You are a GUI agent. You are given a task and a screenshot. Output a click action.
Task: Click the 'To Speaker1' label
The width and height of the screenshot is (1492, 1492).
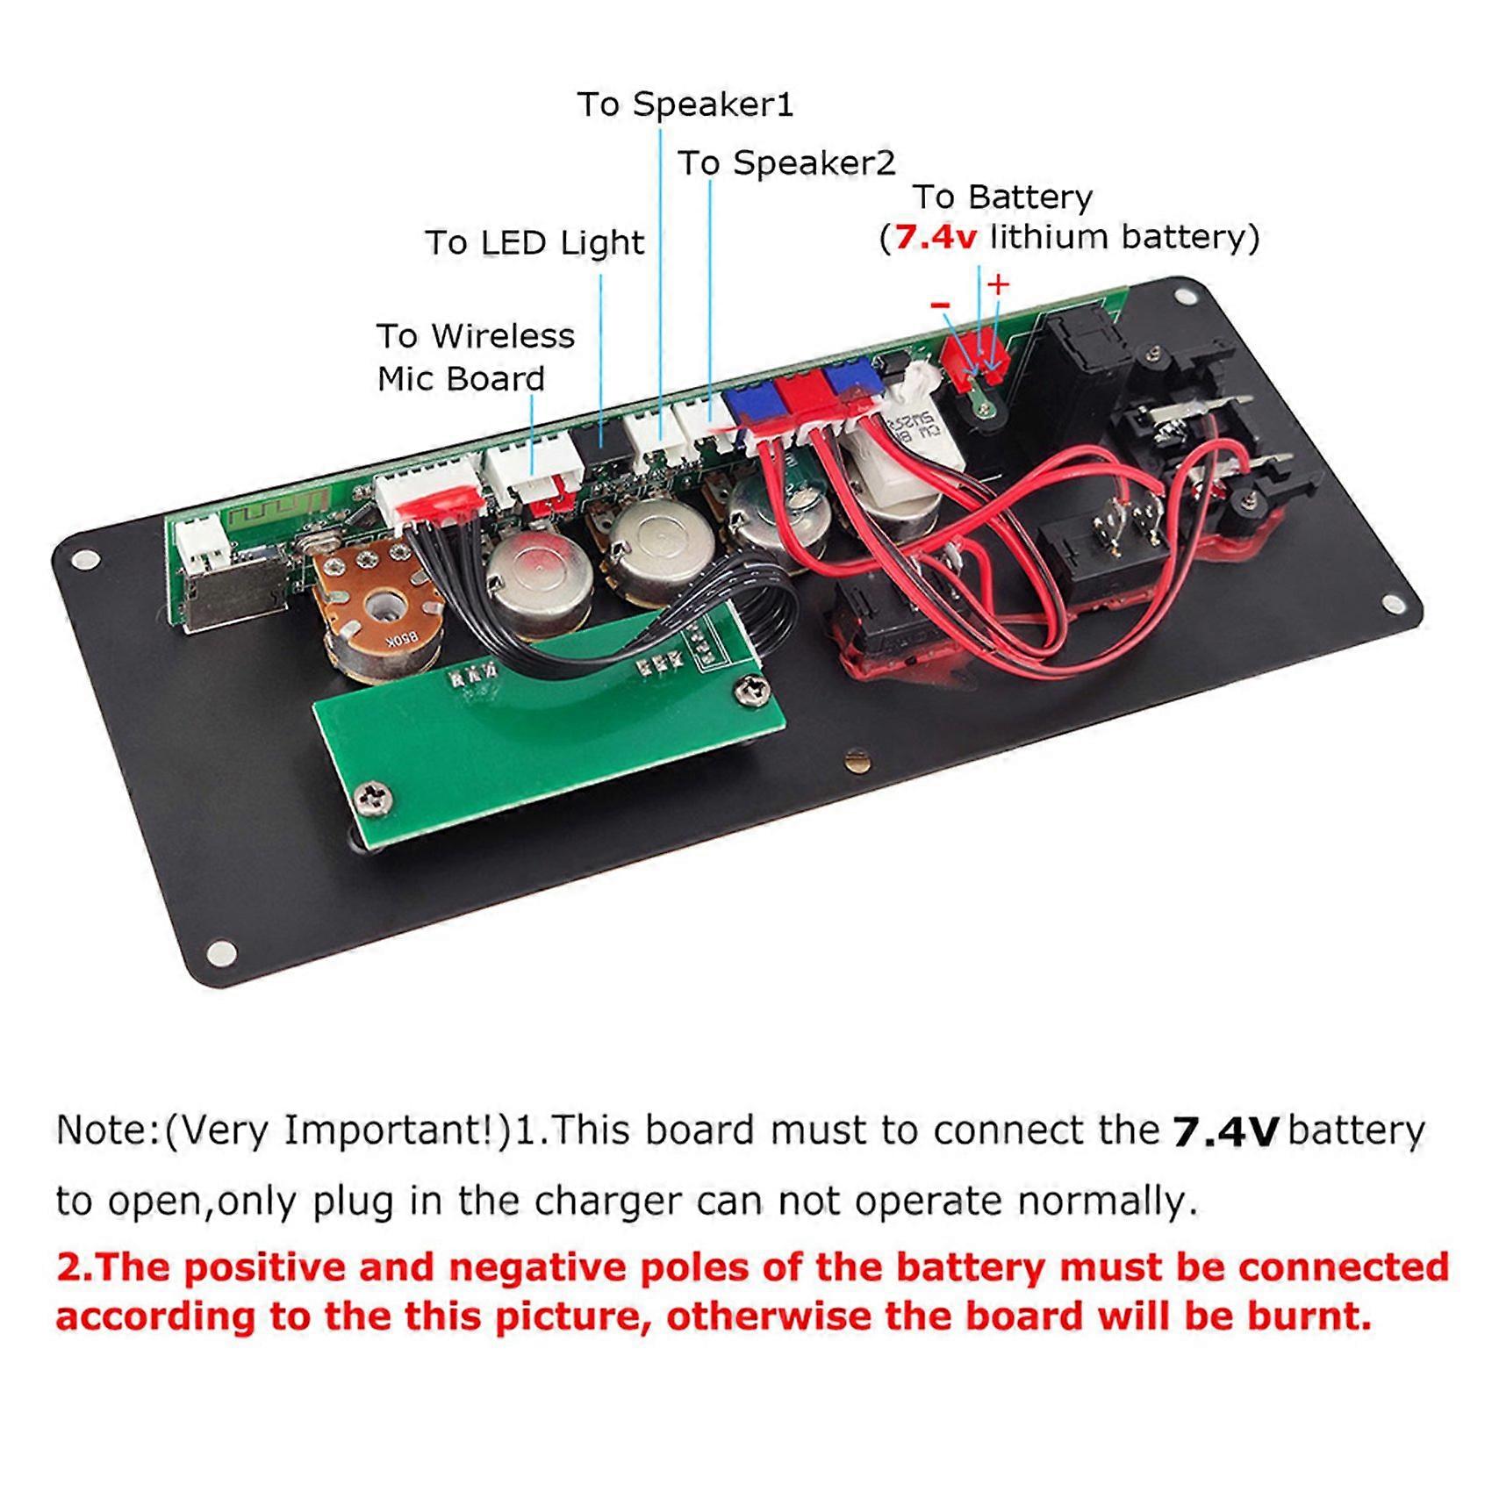click(685, 104)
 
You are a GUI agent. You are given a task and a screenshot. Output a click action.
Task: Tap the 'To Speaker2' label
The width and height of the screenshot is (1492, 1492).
click(786, 163)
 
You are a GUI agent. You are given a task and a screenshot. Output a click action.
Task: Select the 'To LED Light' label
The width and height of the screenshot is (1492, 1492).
click(534, 243)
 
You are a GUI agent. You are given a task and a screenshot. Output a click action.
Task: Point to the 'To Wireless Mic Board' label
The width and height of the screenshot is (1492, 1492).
click(475, 357)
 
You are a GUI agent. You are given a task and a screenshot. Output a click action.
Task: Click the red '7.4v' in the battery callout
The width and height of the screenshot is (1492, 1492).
click(935, 238)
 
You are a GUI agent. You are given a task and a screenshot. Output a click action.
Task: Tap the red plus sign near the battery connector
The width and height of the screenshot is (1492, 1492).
click(998, 284)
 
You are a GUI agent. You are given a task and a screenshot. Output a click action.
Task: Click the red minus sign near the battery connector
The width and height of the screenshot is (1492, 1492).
click(940, 305)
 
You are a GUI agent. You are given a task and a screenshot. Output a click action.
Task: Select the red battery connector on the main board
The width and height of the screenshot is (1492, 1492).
click(972, 355)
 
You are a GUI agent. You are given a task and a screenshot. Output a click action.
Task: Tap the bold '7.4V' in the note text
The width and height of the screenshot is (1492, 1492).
click(1225, 1133)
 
